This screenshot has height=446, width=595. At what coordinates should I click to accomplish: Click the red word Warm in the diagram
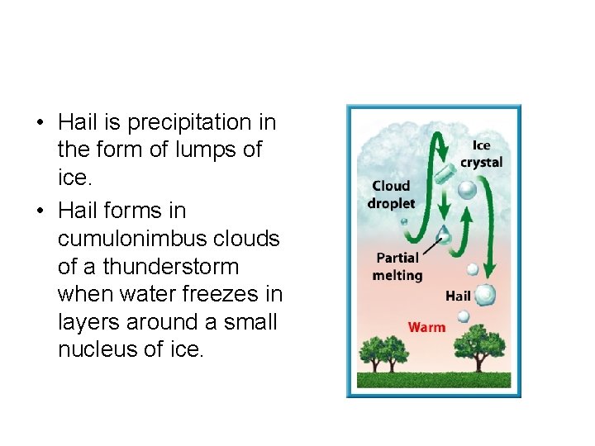click(x=426, y=327)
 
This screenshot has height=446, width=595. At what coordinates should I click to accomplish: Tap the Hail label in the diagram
click(x=458, y=296)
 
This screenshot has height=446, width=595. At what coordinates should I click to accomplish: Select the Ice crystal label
click(x=481, y=154)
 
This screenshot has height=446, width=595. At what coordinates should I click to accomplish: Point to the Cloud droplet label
click(x=392, y=194)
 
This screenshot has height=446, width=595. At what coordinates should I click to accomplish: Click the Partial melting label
click(x=397, y=267)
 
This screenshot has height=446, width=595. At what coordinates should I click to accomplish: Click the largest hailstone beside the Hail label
click(x=484, y=294)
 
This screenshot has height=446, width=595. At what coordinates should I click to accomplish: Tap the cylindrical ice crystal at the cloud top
click(x=444, y=174)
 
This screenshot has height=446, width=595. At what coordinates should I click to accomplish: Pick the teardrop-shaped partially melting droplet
click(x=445, y=234)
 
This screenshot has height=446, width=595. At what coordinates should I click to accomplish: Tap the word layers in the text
click(x=89, y=322)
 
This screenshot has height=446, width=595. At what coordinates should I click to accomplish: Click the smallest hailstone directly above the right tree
click(x=464, y=316)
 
